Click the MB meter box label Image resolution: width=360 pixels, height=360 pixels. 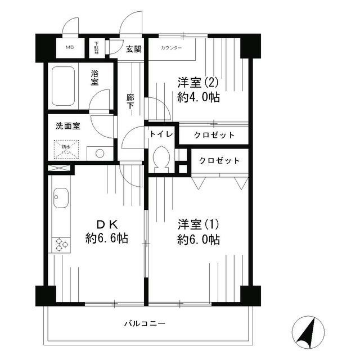pos(70,47)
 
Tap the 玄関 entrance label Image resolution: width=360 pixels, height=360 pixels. pos(134,48)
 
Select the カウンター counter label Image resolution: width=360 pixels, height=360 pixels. pos(171,48)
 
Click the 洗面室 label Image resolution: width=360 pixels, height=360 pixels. pos(67,126)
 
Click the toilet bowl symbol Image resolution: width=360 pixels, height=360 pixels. pos(161,160)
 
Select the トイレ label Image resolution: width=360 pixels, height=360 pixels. pos(160,135)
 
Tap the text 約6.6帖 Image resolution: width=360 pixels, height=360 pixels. pos(107,238)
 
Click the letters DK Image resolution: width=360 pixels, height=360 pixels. pos(107,223)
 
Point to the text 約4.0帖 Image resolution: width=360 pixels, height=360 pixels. pos(198,97)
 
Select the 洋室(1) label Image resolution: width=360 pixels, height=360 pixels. pos(197,224)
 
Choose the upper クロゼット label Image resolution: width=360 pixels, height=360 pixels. pos(214,135)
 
